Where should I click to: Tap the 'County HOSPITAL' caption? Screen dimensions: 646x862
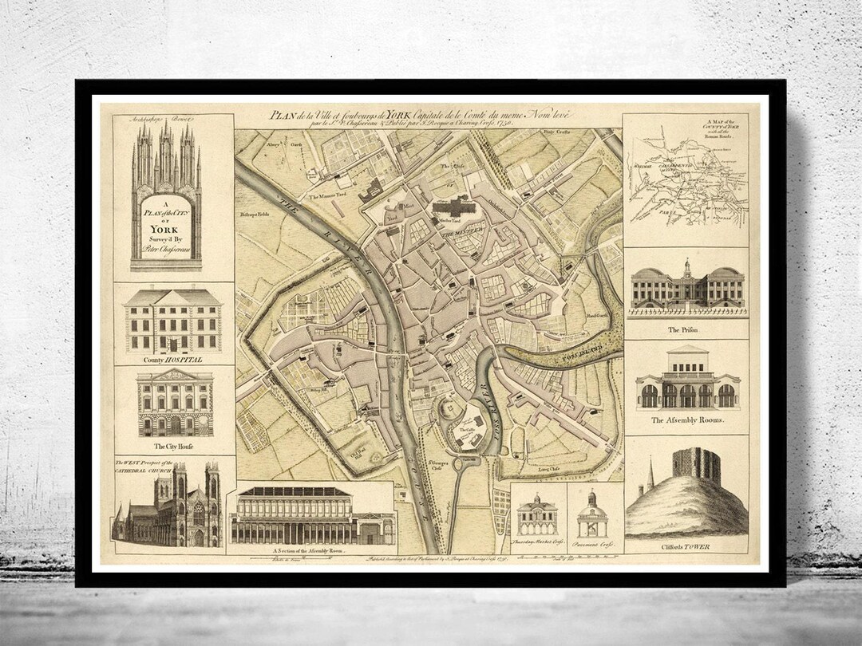[x=172, y=360]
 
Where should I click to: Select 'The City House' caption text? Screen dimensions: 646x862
[x=173, y=446]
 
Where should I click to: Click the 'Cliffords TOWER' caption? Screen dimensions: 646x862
[x=686, y=546]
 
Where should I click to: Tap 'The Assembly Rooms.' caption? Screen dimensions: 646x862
[x=686, y=420]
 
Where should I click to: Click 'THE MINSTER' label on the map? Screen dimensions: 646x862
[x=459, y=233]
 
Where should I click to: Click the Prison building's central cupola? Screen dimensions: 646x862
[x=686, y=268]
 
